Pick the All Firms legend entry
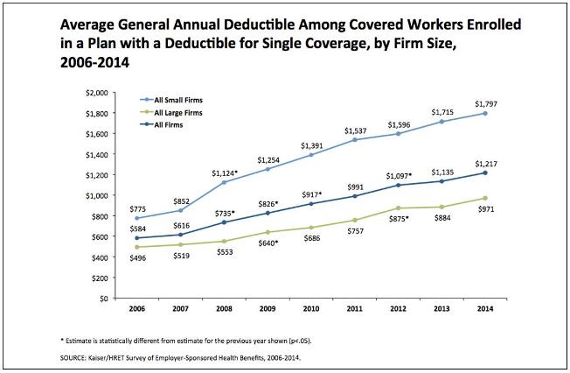[167, 124]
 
